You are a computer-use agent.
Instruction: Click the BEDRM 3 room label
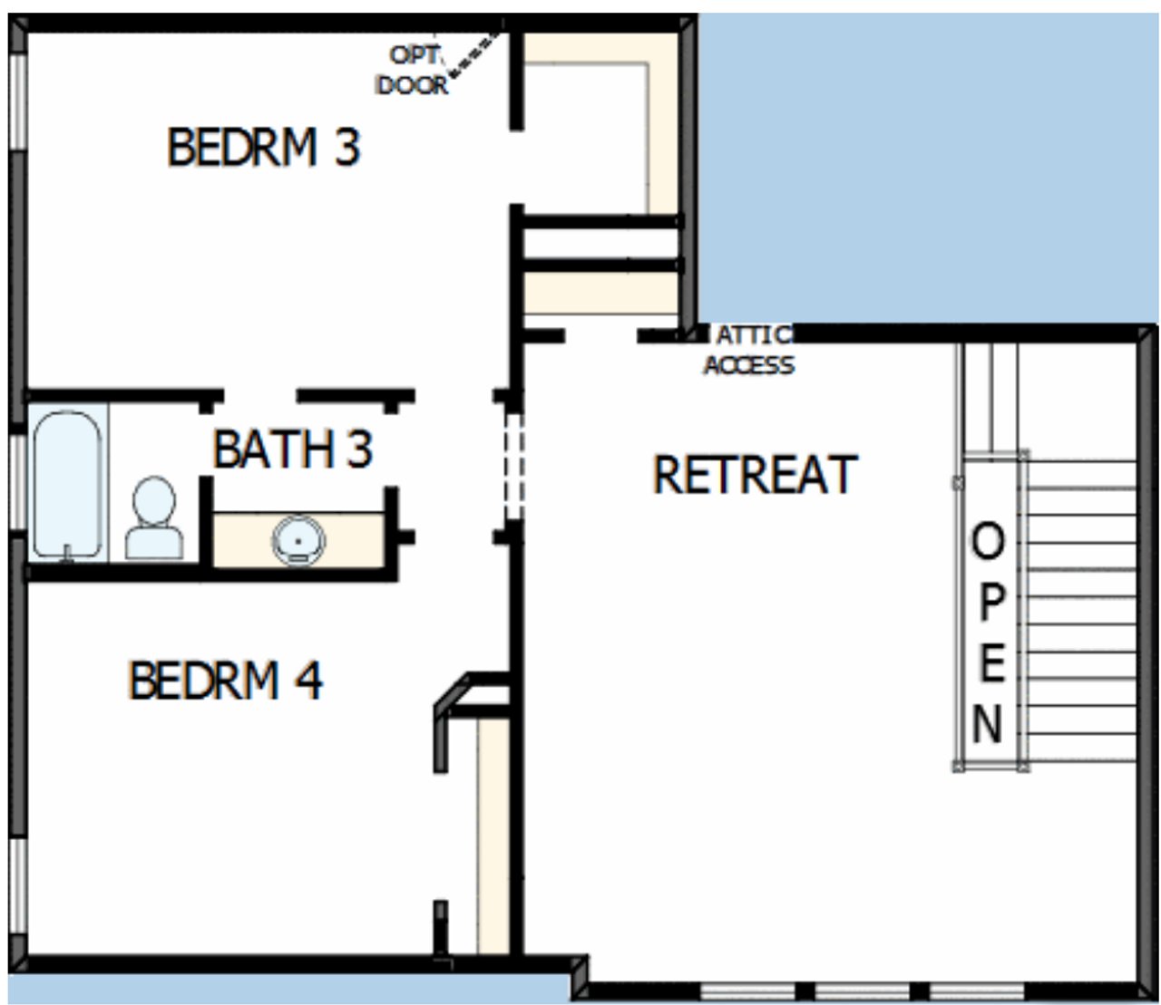[x=263, y=147]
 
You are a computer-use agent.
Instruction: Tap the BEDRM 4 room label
[x=225, y=681]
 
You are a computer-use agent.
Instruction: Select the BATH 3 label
[x=292, y=448]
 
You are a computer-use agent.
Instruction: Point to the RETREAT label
[x=755, y=475]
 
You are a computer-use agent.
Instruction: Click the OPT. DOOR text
[x=414, y=70]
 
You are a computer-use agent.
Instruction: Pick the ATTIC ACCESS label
[x=750, y=351]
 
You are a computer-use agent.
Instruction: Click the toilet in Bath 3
[x=153, y=517]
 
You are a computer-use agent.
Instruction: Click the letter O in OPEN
[x=988, y=543]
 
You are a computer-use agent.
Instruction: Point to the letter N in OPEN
[x=988, y=724]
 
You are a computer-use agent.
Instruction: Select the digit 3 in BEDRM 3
[x=346, y=147]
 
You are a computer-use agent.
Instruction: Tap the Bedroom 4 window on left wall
[x=16, y=884]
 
